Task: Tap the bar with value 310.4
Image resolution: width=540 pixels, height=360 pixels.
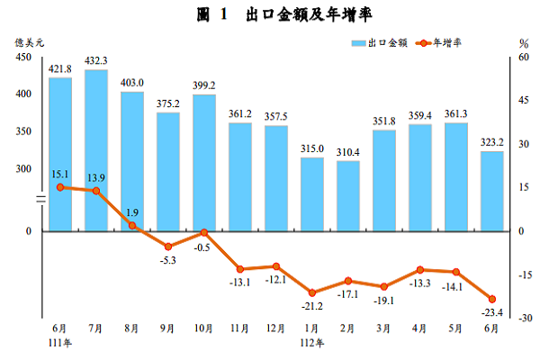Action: click(348, 195)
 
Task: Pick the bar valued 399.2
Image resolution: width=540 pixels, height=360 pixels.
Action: click(204, 162)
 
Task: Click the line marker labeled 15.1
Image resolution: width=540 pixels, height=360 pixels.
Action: click(60, 187)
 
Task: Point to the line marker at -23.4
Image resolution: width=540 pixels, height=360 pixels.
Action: click(492, 300)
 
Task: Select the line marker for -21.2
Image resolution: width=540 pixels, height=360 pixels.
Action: click(312, 292)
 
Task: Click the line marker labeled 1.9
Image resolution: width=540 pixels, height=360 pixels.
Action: click(132, 226)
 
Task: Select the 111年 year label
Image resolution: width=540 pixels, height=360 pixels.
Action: click(60, 342)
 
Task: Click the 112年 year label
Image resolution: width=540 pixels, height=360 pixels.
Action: click(312, 342)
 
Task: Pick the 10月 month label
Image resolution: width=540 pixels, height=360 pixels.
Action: click(204, 328)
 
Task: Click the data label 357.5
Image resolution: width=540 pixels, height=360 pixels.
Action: click(276, 117)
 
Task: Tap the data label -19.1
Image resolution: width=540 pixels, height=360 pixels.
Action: click(384, 300)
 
